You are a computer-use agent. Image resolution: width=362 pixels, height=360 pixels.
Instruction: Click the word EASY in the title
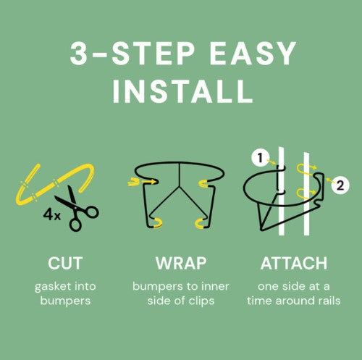(x=253, y=54)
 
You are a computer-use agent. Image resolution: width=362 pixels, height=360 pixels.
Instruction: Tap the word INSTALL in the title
(x=182, y=92)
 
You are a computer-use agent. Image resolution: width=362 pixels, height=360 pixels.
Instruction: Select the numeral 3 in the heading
(x=78, y=54)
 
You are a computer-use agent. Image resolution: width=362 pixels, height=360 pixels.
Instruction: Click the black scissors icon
(x=77, y=209)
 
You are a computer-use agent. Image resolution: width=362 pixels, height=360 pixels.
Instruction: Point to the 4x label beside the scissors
(x=51, y=214)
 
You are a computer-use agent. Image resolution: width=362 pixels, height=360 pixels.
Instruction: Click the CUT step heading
(x=65, y=263)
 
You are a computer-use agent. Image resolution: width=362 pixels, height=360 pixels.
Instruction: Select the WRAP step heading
(x=181, y=263)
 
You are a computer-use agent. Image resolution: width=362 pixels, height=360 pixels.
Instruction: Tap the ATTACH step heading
(x=294, y=263)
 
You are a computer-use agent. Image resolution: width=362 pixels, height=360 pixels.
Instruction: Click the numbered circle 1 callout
(x=260, y=159)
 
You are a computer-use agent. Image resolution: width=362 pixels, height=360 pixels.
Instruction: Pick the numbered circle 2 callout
(x=340, y=185)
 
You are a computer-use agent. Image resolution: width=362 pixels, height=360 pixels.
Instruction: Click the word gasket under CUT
(x=53, y=287)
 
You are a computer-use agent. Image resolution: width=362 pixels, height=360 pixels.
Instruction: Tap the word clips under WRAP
(x=202, y=301)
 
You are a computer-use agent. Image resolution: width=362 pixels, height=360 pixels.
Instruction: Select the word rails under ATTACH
(x=329, y=301)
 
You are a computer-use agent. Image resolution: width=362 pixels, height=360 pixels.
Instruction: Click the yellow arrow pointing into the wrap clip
(x=142, y=181)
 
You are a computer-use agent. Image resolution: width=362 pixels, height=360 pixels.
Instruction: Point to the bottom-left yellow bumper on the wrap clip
(x=157, y=223)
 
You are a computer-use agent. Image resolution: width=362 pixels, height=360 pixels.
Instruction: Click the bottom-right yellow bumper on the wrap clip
(x=200, y=223)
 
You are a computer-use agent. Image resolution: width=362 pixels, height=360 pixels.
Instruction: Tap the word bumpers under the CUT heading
(x=65, y=301)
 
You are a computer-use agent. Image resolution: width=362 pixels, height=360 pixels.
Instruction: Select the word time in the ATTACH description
(x=260, y=301)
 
